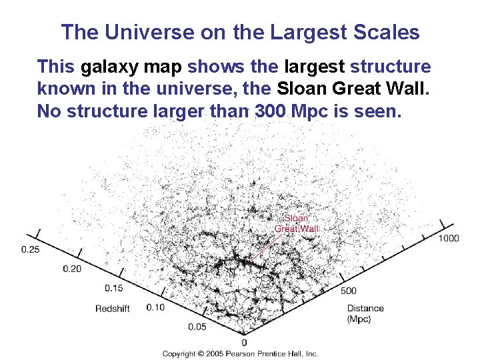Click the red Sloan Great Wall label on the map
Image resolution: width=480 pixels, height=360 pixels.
[x=297, y=223]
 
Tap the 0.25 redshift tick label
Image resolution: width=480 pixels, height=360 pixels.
[x=30, y=249]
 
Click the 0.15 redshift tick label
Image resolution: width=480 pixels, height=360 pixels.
[x=115, y=288]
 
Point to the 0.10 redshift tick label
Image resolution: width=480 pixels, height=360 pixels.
[x=155, y=307]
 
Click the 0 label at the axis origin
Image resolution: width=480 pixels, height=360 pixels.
[x=244, y=342]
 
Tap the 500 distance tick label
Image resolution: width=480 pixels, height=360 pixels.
[x=348, y=291]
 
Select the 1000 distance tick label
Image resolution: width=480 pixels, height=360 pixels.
[x=449, y=239]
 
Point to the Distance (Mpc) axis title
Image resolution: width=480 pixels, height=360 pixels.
[x=365, y=313]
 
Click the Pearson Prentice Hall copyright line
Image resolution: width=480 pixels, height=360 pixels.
[x=241, y=353]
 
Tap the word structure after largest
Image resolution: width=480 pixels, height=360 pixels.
[x=390, y=67]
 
